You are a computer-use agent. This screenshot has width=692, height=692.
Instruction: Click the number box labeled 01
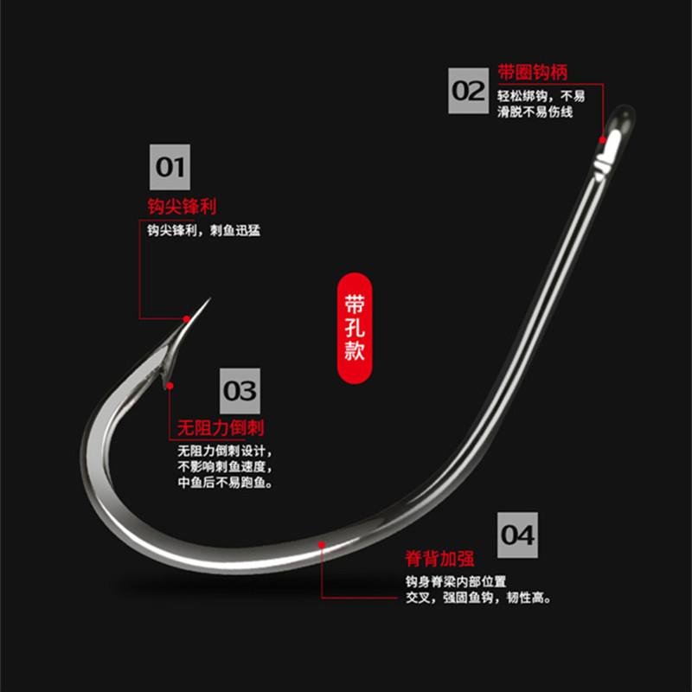(x=170, y=165)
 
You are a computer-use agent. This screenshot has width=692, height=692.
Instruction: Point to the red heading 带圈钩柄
(x=533, y=71)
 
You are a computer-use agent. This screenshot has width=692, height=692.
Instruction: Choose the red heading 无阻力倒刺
(x=221, y=428)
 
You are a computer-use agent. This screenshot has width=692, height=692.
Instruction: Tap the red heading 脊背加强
(x=439, y=558)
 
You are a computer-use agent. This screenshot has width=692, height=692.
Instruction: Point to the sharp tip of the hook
(x=208, y=300)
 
